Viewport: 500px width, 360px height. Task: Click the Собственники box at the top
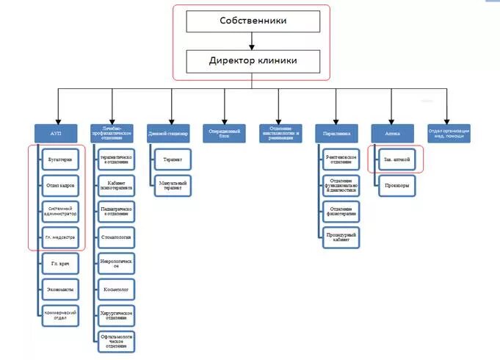252,21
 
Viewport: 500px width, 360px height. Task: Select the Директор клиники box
252,60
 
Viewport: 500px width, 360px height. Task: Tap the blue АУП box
57,134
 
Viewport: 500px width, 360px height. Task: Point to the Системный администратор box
61,211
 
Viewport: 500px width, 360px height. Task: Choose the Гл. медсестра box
61,237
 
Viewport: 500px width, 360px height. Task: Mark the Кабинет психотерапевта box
117,184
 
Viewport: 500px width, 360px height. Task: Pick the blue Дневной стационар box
168,134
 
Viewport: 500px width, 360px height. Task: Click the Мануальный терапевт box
173,185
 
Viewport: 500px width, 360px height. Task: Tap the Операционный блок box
224,134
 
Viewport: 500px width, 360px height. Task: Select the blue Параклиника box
337,134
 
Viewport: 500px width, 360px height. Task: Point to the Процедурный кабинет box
341,237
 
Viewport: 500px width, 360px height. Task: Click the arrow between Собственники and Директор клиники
252,41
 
